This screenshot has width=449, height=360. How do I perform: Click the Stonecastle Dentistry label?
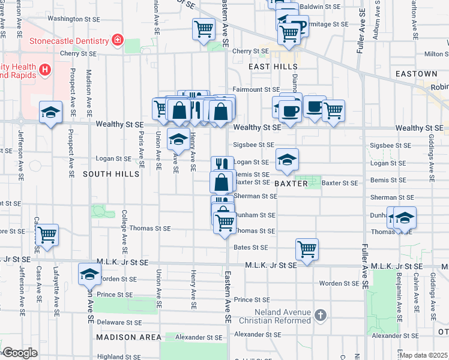(x=69, y=41)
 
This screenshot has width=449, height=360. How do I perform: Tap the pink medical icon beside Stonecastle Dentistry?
(x=118, y=41)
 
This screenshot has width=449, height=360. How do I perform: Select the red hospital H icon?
(x=44, y=70)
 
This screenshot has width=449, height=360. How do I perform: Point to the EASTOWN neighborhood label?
(x=417, y=74)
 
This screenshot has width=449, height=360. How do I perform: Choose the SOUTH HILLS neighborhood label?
(x=111, y=174)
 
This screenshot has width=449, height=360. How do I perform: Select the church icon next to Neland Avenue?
(x=321, y=315)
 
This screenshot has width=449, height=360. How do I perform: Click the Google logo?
(x=20, y=352)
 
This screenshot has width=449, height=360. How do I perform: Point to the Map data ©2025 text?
(x=424, y=355)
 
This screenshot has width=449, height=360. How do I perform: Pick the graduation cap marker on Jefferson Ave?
(x=51, y=112)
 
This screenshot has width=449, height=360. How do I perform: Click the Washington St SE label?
(x=73, y=19)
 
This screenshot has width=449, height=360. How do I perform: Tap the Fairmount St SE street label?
(x=256, y=89)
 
